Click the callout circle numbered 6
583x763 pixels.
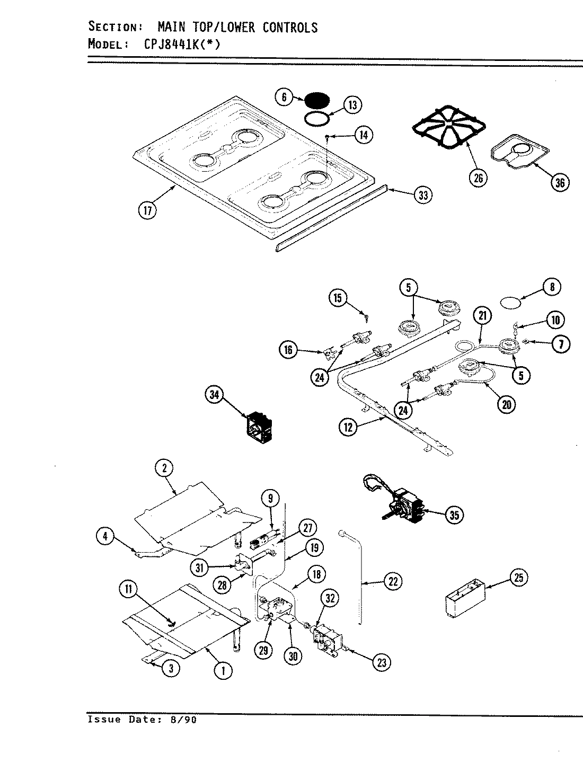point(284,97)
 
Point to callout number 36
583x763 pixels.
point(560,183)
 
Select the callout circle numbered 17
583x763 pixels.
point(147,210)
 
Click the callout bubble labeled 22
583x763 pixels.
point(393,581)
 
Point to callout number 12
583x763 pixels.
point(348,427)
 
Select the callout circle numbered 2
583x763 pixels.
point(164,468)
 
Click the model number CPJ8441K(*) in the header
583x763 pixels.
point(181,45)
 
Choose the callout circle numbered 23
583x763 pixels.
point(383,662)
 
